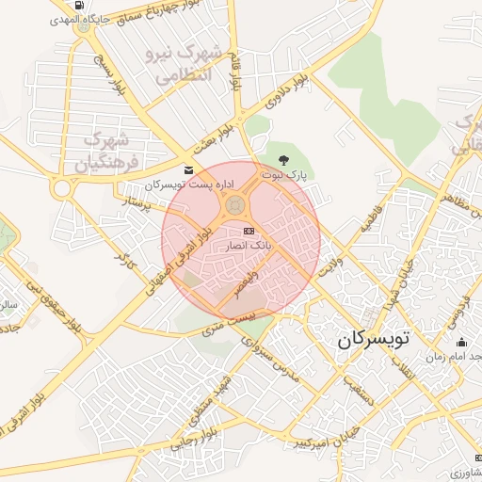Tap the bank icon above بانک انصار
[x=249, y=231]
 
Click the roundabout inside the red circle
[x=236, y=205]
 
